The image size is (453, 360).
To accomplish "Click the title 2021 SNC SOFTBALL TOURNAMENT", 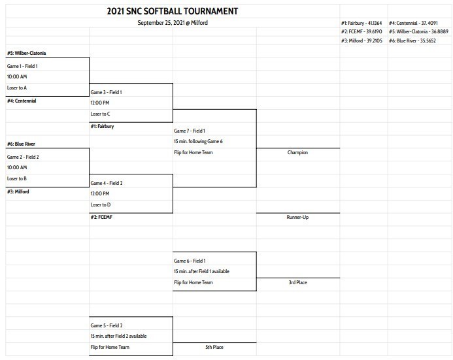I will point(172,11).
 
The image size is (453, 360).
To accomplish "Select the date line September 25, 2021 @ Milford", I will point(173,23).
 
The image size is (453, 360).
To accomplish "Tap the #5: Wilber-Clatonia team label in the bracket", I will point(26,53).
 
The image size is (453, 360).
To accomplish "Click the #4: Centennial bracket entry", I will point(22,101).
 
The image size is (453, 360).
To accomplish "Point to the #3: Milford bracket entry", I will point(18,191).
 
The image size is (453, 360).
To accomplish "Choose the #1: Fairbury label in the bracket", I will point(102,126).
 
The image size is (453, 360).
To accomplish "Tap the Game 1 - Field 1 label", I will point(22,66).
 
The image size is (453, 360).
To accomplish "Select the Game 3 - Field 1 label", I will point(106,92).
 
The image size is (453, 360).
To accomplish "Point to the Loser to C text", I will point(100,114).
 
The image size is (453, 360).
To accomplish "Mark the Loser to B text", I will point(16,178).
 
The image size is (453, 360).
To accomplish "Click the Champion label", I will point(297,153).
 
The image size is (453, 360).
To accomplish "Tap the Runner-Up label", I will point(297,217).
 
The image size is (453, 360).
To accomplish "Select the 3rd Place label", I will point(297,282).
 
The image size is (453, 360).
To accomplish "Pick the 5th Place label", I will point(214,347).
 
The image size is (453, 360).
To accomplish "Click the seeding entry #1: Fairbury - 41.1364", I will point(361,23).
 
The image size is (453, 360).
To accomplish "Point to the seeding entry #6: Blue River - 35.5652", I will point(412,41).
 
